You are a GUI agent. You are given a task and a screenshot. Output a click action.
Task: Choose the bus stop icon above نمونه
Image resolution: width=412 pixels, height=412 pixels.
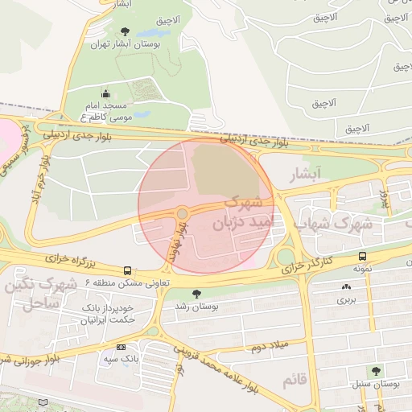coord(362,257)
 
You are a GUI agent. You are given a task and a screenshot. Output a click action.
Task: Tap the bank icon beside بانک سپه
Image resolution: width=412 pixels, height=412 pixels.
coord(121,346)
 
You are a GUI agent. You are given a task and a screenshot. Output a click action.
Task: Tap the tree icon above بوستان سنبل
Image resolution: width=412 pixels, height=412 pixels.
coord(373,370)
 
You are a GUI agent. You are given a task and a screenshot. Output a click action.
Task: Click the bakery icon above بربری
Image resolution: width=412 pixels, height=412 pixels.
coord(346,286)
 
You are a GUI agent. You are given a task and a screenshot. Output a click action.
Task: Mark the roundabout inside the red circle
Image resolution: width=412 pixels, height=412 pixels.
coord(183,213)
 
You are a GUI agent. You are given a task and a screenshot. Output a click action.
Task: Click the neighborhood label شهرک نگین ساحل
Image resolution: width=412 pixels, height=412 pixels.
coord(51,293)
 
